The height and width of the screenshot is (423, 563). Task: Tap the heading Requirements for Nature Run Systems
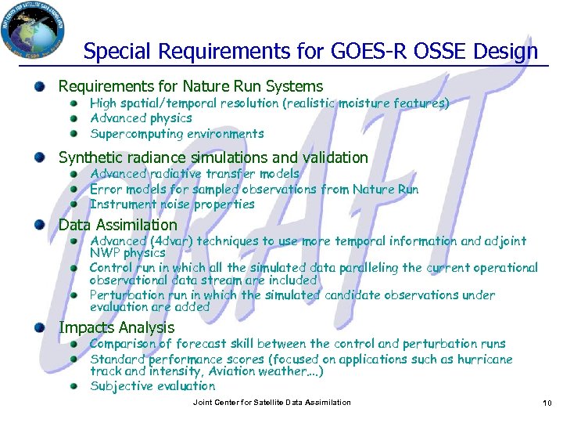[190, 86]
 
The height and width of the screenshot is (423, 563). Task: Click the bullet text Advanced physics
[141, 118]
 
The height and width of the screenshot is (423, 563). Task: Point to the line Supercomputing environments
[177, 134]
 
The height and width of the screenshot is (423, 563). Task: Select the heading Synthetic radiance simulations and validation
[213, 157]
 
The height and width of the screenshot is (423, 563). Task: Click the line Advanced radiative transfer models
[195, 174]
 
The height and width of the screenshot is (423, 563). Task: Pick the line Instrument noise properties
[172, 204]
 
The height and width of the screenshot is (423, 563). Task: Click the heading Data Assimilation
[118, 226]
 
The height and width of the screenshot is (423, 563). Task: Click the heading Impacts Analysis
[117, 327]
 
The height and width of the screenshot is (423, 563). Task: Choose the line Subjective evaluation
[152, 386]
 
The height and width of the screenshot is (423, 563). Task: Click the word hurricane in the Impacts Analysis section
[482, 360]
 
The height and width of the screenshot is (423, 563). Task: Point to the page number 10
[547, 403]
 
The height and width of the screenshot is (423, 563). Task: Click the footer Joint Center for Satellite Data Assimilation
[271, 403]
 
